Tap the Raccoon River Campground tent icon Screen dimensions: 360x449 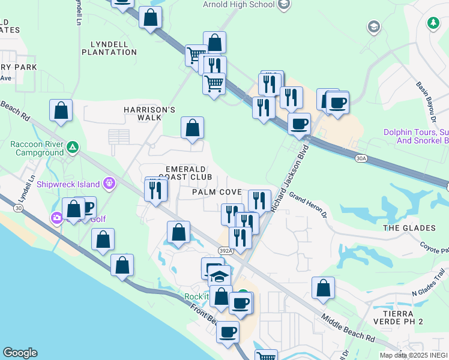coord(72,146)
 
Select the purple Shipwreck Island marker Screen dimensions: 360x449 coord(109,182)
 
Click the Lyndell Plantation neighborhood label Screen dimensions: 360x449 coord(113,48)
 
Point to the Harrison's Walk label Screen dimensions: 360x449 coord(149,113)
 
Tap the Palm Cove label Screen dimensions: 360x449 coord(217,192)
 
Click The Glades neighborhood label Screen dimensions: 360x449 coord(409,228)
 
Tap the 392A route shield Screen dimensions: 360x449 coord(224,253)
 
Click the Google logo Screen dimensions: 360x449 coord(20,353)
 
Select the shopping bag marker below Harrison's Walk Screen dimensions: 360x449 coord(192,128)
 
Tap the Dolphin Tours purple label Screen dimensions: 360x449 coord(416,136)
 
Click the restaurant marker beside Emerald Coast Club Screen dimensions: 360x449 coord(155,190)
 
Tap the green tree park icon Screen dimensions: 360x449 coord(432,23)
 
